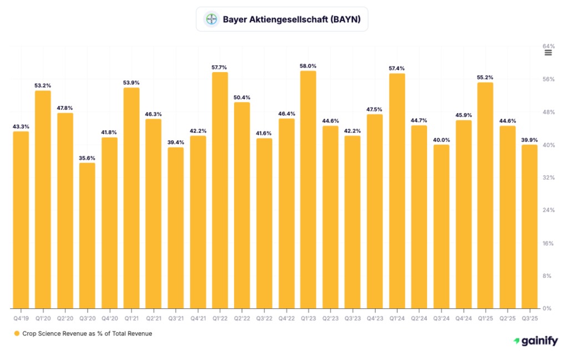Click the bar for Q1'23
308,189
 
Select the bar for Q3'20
87,235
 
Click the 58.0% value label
308,66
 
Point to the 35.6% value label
87,158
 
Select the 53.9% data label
131,83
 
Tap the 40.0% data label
441,140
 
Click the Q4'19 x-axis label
21,318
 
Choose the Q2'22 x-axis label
242,318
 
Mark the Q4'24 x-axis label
463,318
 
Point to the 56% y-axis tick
549,79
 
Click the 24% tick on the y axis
549,210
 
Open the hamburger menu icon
548,53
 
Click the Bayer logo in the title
211,19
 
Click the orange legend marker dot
17,333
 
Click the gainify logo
535,341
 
